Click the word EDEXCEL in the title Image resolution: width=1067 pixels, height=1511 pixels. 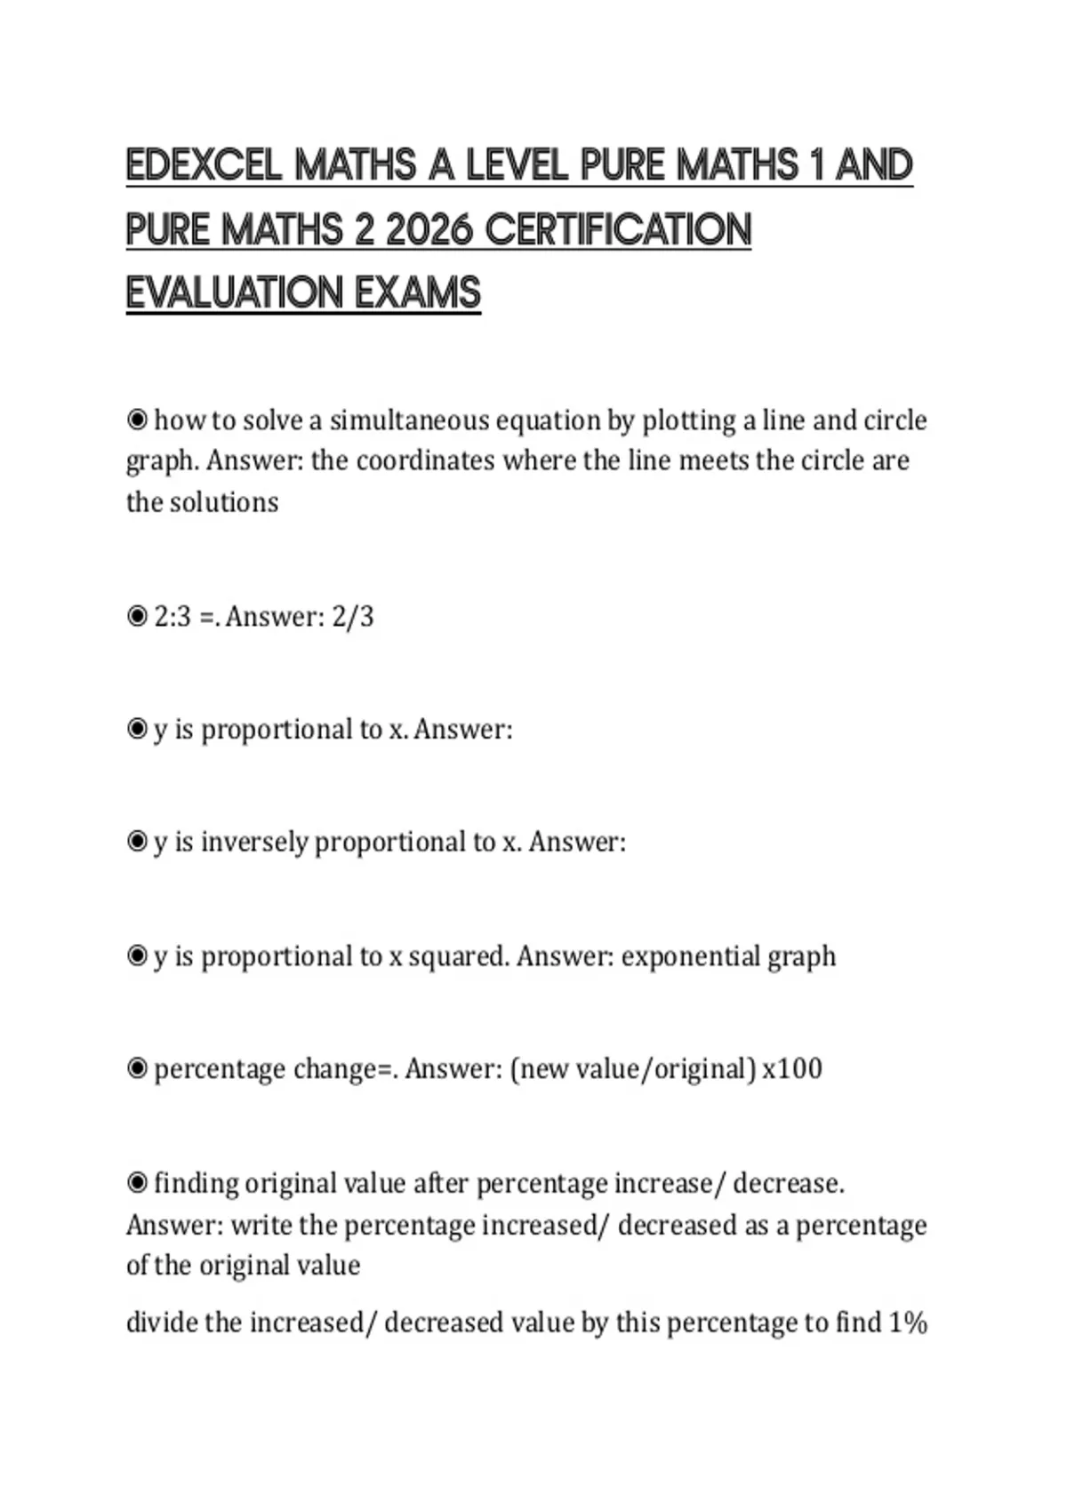pos(204,165)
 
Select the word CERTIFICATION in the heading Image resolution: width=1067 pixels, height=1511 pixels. pos(618,229)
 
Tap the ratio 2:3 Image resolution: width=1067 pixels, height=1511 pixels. pos(172,617)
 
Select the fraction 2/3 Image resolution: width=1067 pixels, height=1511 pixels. pos(352,617)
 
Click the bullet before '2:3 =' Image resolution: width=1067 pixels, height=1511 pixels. pos(137,617)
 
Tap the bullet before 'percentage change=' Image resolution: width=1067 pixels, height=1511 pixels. pos(137,1068)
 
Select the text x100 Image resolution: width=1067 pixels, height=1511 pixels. pos(792,1068)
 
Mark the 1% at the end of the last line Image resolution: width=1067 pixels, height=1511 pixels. pos(908,1323)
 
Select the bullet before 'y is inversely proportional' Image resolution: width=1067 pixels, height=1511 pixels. pos(137,842)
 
